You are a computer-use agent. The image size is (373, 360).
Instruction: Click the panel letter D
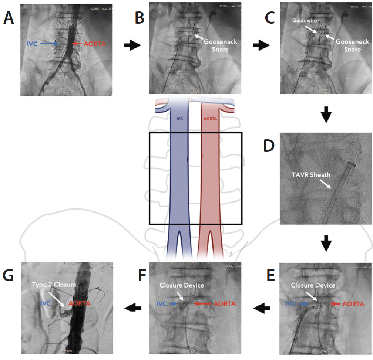(x=269, y=146)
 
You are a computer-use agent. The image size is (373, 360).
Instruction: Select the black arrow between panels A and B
(x=132, y=46)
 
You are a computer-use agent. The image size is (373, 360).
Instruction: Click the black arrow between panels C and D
(x=326, y=115)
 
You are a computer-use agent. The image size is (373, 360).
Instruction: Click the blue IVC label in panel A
(x=33, y=44)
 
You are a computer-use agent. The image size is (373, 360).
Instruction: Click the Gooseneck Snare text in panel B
(x=221, y=45)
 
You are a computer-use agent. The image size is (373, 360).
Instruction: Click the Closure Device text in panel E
(x=313, y=285)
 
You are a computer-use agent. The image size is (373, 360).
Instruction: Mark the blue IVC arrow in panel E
(x=303, y=304)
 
